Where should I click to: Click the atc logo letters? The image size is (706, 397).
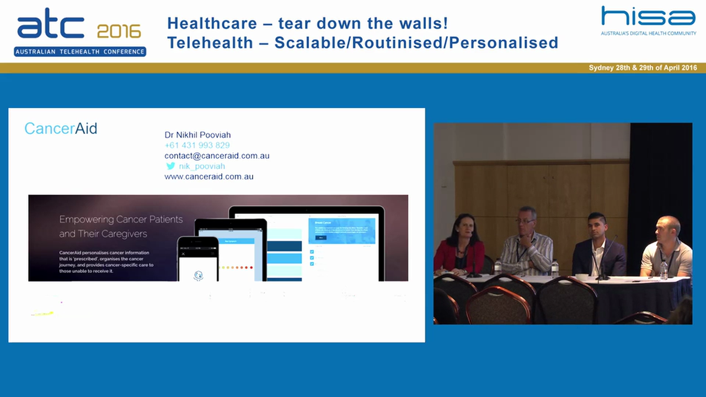pyautogui.click(x=51, y=26)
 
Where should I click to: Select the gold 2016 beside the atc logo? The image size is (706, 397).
pyautogui.click(x=119, y=31)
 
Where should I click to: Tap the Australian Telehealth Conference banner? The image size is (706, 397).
pyautogui.click(x=80, y=52)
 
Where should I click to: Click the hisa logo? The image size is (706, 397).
pyautogui.click(x=648, y=17)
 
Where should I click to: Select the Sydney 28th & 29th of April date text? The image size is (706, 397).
pyautogui.click(x=643, y=68)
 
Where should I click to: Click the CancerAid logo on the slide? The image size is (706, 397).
pyautogui.click(x=61, y=128)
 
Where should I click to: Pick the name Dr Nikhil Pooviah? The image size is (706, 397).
pyautogui.click(x=197, y=135)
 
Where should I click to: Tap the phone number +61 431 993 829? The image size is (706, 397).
pyautogui.click(x=197, y=146)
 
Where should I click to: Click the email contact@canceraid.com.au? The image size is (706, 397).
pyautogui.click(x=217, y=156)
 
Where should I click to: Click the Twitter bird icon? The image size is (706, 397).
pyautogui.click(x=170, y=166)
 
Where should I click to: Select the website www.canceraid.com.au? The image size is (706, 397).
pyautogui.click(x=208, y=176)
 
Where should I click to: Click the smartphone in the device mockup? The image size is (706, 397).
pyautogui.click(x=197, y=259)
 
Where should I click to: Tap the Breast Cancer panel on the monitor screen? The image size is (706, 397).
pyautogui.click(x=341, y=231)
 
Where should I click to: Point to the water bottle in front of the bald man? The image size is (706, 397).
pyautogui.click(x=664, y=270)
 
